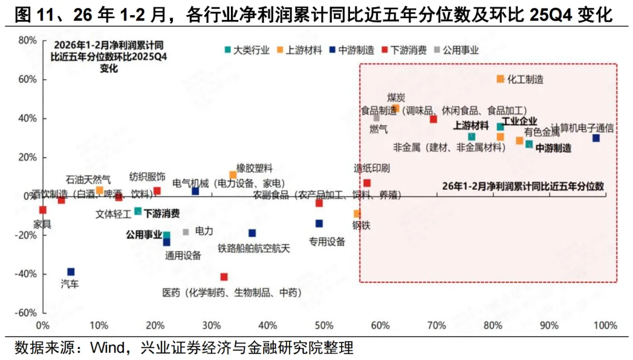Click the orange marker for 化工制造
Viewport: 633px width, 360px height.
click(x=501, y=79)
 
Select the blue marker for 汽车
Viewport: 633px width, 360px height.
click(x=71, y=271)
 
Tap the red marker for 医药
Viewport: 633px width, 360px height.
click(x=224, y=277)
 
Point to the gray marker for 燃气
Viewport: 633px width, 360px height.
click(x=377, y=118)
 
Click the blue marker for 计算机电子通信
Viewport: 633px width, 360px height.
click(x=595, y=138)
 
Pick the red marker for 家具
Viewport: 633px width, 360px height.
click(x=43, y=210)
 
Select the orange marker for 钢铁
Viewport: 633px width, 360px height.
click(x=357, y=213)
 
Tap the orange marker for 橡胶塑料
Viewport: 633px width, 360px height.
click(x=233, y=175)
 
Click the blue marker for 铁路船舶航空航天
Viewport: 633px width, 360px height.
click(x=252, y=233)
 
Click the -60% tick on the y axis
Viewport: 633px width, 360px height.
click(x=26, y=313)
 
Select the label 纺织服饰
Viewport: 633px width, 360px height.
click(x=147, y=176)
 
